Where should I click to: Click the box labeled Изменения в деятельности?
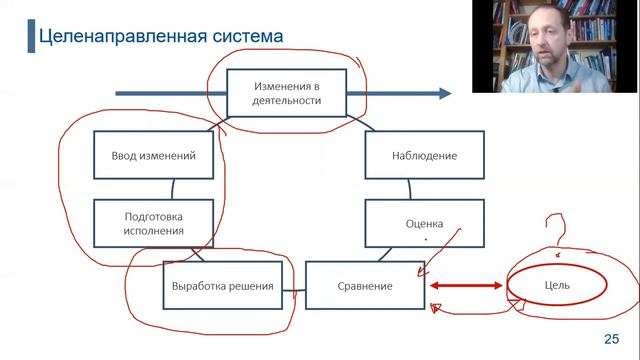(287, 93)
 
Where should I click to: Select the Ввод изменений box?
(153, 155)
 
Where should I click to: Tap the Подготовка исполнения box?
(153, 222)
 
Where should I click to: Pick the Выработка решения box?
(221, 286)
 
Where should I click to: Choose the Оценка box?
(424, 223)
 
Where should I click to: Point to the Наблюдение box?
(424, 155)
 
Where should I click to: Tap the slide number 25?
(612, 338)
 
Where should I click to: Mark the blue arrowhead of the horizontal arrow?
(444, 93)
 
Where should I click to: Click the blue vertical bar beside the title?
(28, 36)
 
